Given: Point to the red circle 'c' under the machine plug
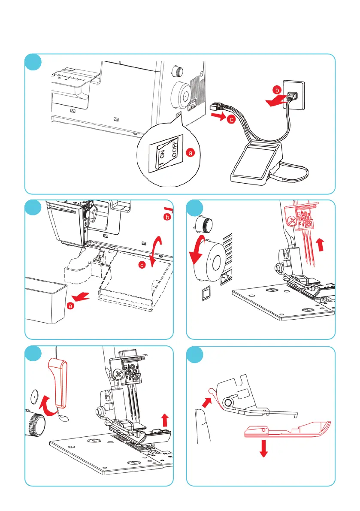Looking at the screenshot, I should [230, 120].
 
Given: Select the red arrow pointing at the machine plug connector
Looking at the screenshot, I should [219, 116].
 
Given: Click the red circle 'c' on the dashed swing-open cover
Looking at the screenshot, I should [142, 266].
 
